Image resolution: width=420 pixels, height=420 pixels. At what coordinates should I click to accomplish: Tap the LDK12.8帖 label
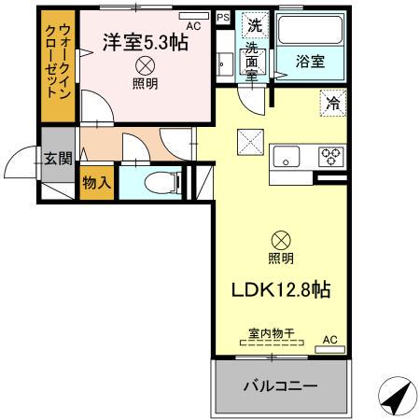(x=280, y=290)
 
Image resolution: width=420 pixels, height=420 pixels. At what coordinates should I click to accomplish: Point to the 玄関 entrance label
(x=57, y=158)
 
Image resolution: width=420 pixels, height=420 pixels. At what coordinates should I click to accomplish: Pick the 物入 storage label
(x=97, y=182)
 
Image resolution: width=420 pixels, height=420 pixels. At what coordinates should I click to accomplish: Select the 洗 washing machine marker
(x=252, y=26)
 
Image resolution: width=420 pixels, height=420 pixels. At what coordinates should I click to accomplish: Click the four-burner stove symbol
(x=331, y=157)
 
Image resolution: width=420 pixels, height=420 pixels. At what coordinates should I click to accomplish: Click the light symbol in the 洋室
(x=146, y=65)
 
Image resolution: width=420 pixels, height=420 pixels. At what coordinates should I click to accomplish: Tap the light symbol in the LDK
(x=280, y=240)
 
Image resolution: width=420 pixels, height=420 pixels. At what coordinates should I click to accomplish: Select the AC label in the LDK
(x=329, y=340)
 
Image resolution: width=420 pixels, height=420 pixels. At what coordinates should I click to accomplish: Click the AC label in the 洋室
(x=193, y=26)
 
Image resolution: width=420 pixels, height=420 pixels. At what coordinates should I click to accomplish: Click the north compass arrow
(x=397, y=397)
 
